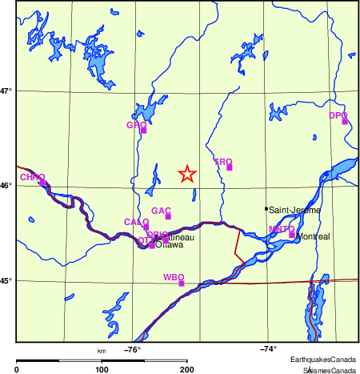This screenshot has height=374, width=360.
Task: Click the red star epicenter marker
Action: click(186, 174)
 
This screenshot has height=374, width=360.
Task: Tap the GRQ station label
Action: click(137, 125)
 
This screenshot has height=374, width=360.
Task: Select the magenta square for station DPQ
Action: click(345, 122)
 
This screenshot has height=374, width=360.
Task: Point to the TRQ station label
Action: click(222, 162)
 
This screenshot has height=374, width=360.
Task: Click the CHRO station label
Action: click(32, 177)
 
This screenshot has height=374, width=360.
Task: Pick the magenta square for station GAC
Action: click(168, 216)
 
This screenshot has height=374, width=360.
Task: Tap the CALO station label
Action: click(136, 222)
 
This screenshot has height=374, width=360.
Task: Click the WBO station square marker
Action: click(182, 284)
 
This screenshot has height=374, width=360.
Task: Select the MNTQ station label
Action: click(281, 229)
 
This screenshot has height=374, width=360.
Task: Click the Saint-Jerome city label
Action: click(294, 210)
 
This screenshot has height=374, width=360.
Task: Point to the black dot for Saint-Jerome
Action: click(266, 209)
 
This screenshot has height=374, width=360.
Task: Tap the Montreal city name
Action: click(312, 238)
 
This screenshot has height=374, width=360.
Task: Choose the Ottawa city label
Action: click(169, 246)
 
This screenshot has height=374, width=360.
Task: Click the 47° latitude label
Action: click(6, 91)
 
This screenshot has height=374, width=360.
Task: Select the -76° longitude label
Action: click(132, 349)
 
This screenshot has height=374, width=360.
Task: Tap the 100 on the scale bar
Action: click(102, 369)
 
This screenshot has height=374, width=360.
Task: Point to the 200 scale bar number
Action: click(187, 369)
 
